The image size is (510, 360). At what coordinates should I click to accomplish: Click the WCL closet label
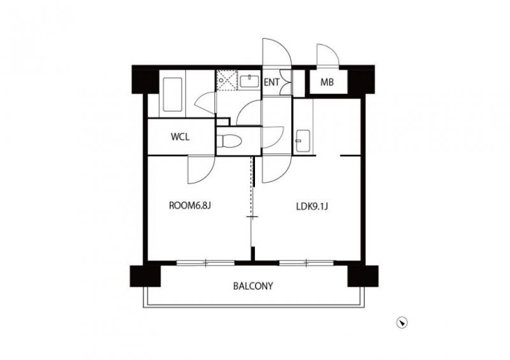click(x=180, y=137)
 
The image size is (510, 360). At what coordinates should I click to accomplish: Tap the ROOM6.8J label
click(x=190, y=206)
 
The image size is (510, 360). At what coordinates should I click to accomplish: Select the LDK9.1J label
click(x=312, y=206)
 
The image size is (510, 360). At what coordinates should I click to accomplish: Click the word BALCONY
click(x=253, y=286)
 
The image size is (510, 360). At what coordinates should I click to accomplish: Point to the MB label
click(x=327, y=82)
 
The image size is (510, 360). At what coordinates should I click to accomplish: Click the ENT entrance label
click(x=272, y=82)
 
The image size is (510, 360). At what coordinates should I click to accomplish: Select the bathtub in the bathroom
click(x=172, y=94)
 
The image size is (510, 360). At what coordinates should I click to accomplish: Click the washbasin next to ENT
click(x=249, y=81)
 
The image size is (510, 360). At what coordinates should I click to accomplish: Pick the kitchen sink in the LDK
click(x=303, y=141)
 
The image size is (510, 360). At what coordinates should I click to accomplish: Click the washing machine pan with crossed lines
click(x=226, y=80)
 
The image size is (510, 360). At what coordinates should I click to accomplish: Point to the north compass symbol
click(x=402, y=322)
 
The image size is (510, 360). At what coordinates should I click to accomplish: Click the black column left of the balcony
click(x=145, y=276)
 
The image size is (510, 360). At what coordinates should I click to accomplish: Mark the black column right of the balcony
click(x=363, y=276)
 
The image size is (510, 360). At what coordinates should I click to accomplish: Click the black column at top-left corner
click(x=145, y=80)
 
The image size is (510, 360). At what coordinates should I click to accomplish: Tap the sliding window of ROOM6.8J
click(x=205, y=263)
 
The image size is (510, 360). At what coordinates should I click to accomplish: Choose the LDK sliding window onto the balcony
click(x=307, y=263)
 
